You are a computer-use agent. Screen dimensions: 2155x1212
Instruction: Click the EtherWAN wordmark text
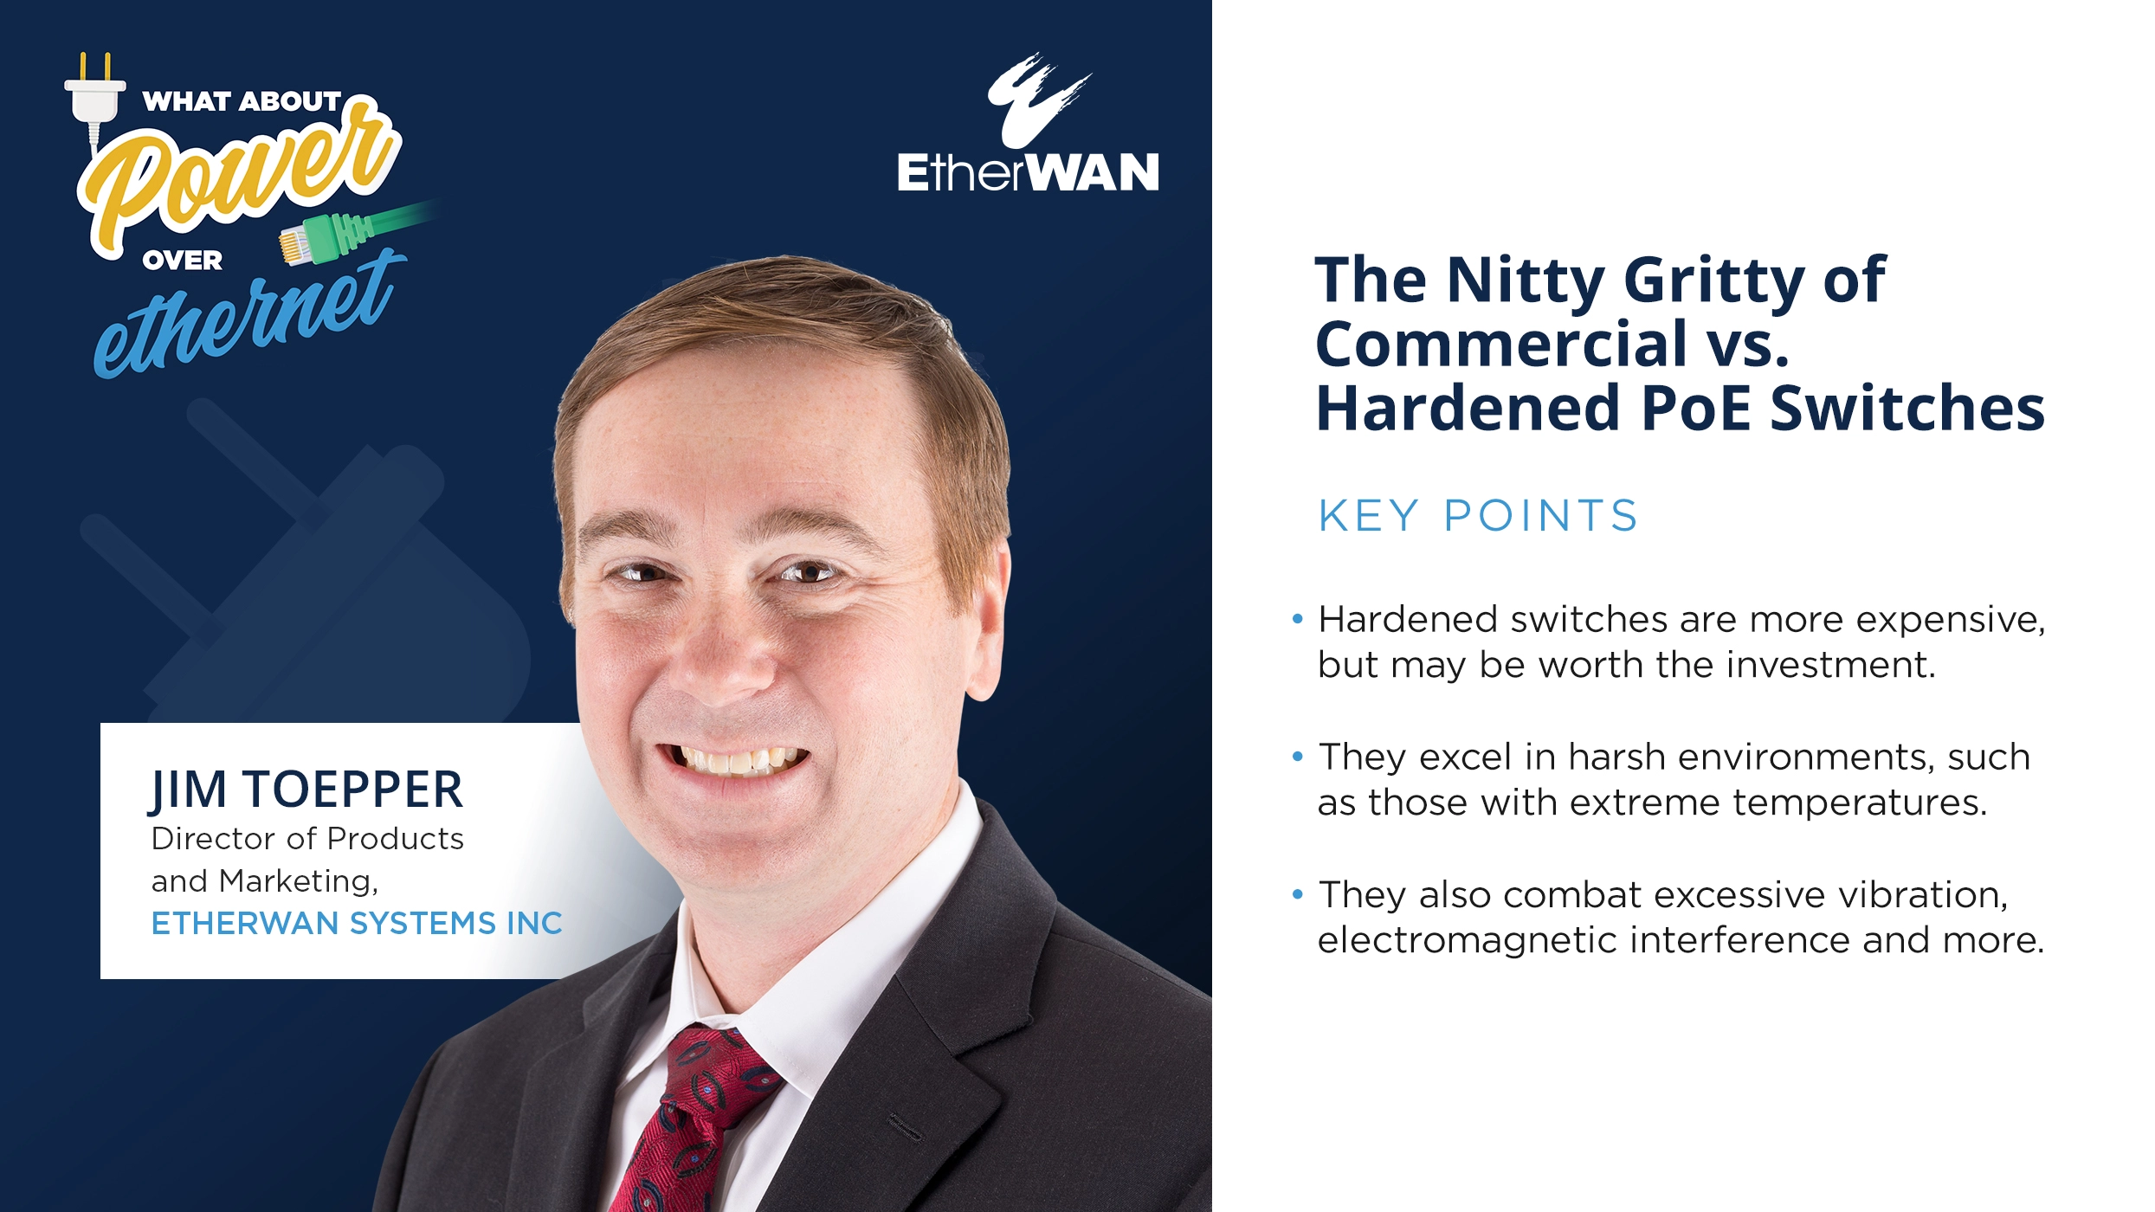click(1028, 172)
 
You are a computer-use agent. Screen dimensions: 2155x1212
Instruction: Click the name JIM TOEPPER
click(306, 790)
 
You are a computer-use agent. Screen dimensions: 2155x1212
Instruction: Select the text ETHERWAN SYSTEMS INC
click(357, 924)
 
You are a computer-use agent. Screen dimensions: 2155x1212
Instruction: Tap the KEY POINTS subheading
click(1478, 516)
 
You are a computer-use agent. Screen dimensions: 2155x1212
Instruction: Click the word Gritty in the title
click(1713, 282)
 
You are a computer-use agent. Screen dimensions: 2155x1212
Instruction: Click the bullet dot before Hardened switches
click(1297, 619)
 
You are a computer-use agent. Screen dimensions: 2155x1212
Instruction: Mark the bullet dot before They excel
click(1297, 757)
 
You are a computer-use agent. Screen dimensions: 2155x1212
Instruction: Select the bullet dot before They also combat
click(1297, 894)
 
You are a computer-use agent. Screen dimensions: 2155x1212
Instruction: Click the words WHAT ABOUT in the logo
click(242, 101)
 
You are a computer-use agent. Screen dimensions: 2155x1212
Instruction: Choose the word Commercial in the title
click(1501, 345)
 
